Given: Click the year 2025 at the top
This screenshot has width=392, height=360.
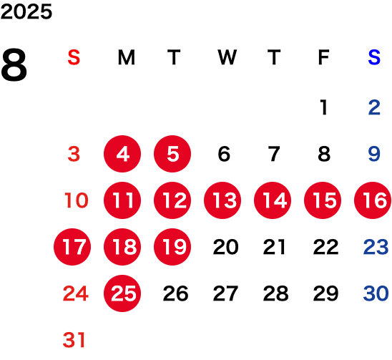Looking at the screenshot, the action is [x=26, y=11].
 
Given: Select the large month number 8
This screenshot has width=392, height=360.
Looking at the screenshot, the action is [x=14, y=65].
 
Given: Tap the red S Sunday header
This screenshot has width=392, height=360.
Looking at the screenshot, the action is [x=74, y=57].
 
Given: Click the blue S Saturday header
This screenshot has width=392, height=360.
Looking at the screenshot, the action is [x=374, y=57].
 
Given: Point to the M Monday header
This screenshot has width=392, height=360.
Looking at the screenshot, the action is [x=126, y=57].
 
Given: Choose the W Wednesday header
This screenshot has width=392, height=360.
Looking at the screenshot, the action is [x=227, y=57].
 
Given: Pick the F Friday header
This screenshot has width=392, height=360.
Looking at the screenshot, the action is [x=323, y=57].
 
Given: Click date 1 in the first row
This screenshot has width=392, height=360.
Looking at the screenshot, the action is [x=324, y=107].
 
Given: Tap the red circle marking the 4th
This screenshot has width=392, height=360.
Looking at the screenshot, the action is [x=122, y=154].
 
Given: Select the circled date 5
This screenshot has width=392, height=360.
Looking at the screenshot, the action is [x=172, y=154].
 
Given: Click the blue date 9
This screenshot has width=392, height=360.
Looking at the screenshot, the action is [x=374, y=154].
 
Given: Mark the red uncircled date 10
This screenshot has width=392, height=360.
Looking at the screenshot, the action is [x=77, y=200].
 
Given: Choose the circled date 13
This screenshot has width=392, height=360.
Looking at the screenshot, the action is [x=222, y=200].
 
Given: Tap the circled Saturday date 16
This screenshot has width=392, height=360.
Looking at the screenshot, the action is [x=373, y=200].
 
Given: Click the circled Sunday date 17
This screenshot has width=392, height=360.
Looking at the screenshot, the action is [x=72, y=247].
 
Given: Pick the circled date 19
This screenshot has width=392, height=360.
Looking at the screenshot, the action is [x=172, y=247].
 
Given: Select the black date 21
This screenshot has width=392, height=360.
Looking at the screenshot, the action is [x=274, y=247].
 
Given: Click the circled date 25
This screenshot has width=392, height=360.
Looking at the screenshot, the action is [x=122, y=293].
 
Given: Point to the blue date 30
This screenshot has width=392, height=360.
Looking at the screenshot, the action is [x=376, y=293].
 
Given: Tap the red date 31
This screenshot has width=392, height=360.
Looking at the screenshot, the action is [x=74, y=340].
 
